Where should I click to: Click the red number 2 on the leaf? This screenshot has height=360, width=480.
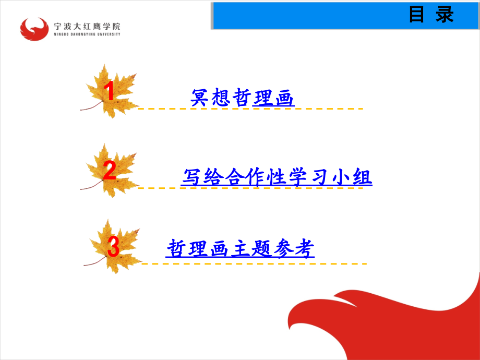tap(110, 171)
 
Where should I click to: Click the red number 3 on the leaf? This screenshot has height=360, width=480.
tap(113, 247)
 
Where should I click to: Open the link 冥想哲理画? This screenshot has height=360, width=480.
tap(243, 98)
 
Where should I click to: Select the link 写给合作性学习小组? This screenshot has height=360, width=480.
tap(277, 177)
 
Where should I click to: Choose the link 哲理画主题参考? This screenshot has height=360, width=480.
tap(241, 248)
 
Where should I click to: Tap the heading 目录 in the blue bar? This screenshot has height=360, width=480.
tap(431, 15)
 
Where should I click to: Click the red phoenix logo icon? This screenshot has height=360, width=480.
tap(34, 29)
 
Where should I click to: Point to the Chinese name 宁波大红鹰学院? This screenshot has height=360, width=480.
tap(87, 26)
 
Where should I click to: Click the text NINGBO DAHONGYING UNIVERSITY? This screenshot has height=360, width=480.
tap(87, 34)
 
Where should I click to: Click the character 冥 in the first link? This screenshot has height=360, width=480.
tap(200, 98)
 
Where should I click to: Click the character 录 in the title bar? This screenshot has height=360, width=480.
tap(445, 15)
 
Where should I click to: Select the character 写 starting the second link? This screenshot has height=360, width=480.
tap(191, 177)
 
